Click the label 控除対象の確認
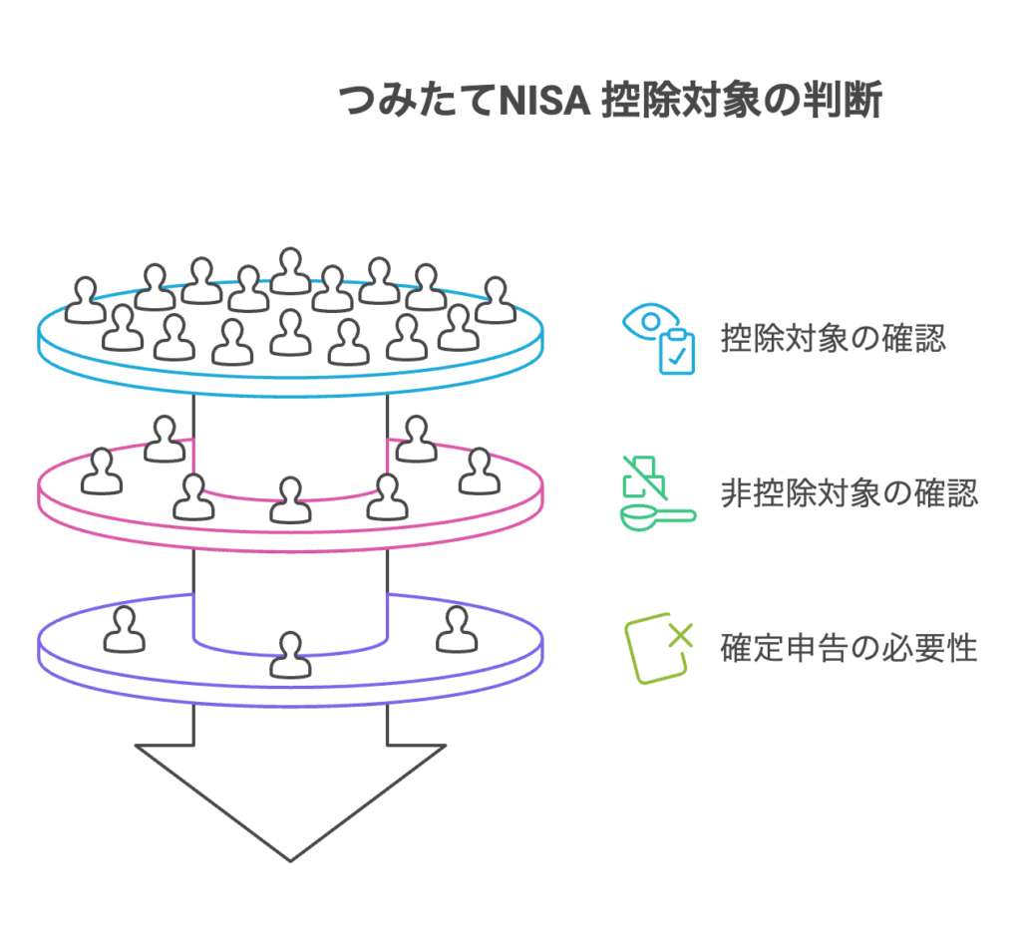pos(834,339)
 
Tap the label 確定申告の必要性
pos(849,648)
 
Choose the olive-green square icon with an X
pos(657,650)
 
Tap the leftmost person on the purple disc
pos(124,629)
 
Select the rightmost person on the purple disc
pos(457,629)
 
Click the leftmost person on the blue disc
pos(86,300)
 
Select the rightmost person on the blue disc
pos(495,300)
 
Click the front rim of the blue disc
pos(290,385)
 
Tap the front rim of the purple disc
pos(290,690)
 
